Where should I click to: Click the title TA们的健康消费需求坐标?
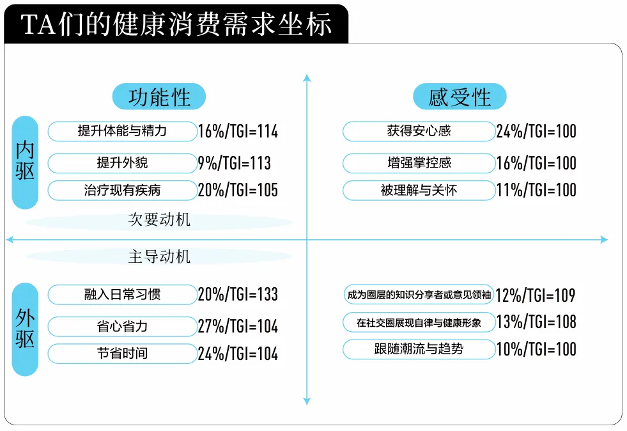point(176,24)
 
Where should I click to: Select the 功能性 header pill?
point(159,97)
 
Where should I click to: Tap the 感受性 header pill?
point(460,97)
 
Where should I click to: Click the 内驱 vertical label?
point(25,162)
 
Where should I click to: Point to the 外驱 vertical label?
point(25,329)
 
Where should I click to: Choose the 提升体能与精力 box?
point(122,131)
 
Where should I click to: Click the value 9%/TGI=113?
point(235,163)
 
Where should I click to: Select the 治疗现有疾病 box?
point(122,190)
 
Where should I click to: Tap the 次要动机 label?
point(159,220)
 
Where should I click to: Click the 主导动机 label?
point(159,256)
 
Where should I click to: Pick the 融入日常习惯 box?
point(122,295)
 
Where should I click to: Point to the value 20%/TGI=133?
point(238,295)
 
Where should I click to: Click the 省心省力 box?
point(122,327)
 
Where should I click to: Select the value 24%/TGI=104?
point(238,354)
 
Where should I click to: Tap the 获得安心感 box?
point(419,131)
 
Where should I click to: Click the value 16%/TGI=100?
point(536,163)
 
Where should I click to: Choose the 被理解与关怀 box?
point(419,190)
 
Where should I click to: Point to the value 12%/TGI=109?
point(536,295)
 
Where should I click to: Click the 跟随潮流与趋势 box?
point(419,349)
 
